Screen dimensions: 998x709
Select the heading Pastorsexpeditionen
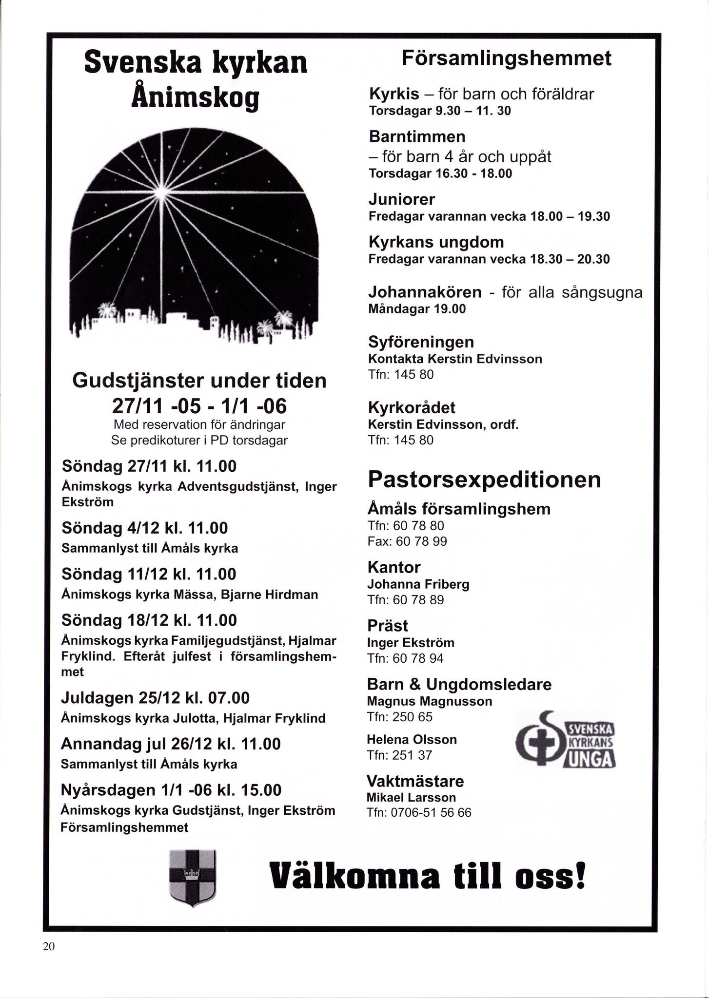[x=484, y=480]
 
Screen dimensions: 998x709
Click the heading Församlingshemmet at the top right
[x=506, y=58]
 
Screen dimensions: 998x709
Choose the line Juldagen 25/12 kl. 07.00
[x=155, y=698]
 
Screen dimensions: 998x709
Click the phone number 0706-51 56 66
[x=431, y=813]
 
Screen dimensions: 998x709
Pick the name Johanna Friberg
[x=418, y=584]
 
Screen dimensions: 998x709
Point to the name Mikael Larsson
[x=411, y=798]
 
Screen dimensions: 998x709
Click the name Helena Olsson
[x=412, y=740]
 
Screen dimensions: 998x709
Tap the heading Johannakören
[x=425, y=292]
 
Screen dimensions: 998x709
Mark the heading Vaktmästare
[x=415, y=781]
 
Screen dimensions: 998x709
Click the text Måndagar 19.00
[x=417, y=309]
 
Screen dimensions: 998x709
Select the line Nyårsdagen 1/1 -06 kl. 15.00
[x=171, y=790]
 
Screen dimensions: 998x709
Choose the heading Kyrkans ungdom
[x=436, y=242]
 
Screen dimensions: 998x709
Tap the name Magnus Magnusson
[x=429, y=701]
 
